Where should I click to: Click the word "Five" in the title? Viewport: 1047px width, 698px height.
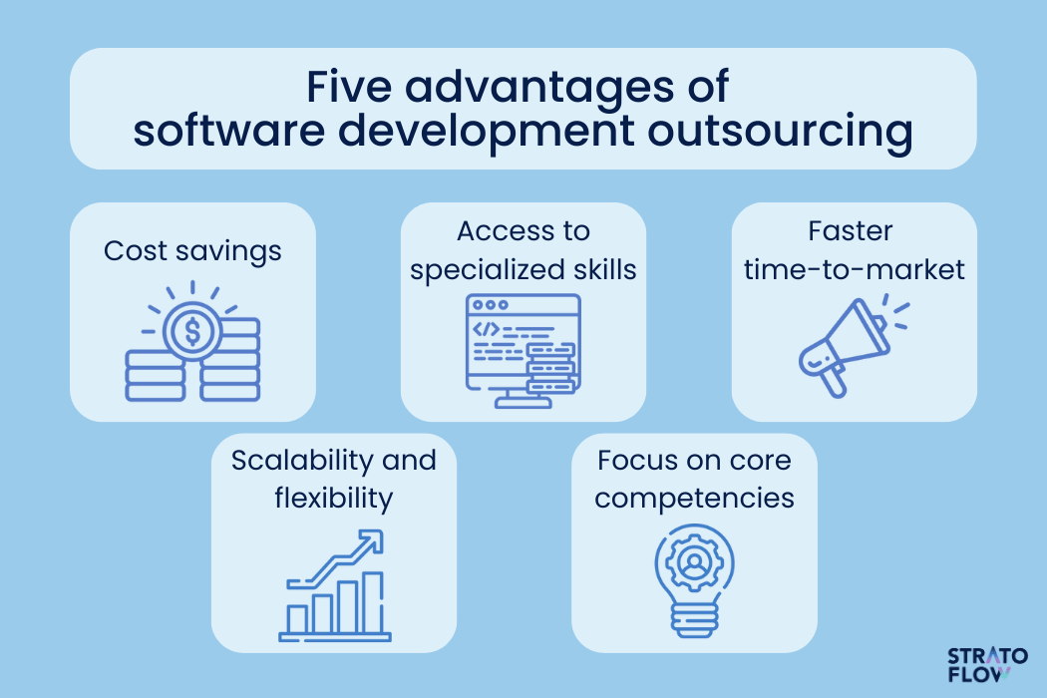[x=349, y=87]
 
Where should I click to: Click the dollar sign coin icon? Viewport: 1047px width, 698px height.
[x=192, y=331]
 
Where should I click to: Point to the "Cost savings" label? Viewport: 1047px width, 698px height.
[x=192, y=252]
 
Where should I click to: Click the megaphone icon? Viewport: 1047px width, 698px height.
[x=845, y=347]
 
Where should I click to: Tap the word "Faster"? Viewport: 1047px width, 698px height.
[x=850, y=231]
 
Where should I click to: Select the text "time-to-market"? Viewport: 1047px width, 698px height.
[x=854, y=270]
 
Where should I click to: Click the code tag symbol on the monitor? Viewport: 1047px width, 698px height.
[x=487, y=329]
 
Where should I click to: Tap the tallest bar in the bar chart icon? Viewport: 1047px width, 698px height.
[x=373, y=603]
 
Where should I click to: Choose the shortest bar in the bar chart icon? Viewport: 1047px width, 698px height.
[x=297, y=620]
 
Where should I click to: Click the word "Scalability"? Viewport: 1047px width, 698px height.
[x=302, y=461]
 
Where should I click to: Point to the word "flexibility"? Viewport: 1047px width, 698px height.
[x=334, y=499]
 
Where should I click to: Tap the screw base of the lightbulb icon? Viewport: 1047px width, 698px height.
[x=694, y=620]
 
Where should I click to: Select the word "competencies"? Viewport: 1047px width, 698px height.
[x=694, y=499]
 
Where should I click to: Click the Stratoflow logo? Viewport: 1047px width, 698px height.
[x=987, y=665]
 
